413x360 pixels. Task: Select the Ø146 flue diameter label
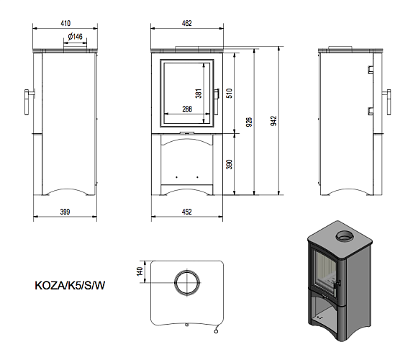(74, 36)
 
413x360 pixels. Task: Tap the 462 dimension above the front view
(186, 23)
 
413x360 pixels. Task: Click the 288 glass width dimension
(186, 109)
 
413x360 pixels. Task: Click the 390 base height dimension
(230, 165)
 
